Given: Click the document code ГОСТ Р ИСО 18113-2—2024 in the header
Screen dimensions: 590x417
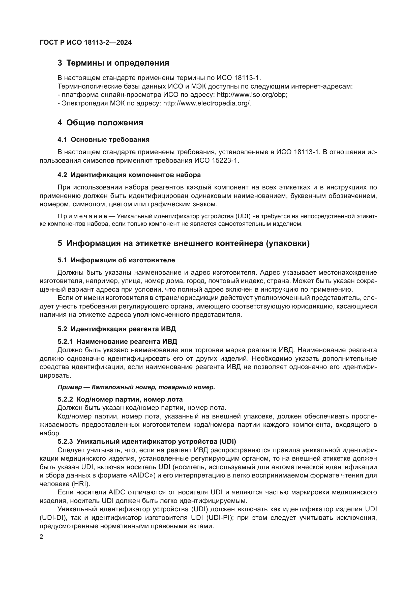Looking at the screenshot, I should pyautogui.click(x=86, y=43).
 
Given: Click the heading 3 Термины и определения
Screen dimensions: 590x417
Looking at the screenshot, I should pyautogui.click(x=113, y=63).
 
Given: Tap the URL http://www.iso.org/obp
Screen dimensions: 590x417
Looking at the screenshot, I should pyautogui.click(x=252, y=95).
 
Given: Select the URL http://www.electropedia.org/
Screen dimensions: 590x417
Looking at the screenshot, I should pyautogui.click(x=207, y=103).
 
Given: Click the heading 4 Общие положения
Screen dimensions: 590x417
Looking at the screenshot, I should pyautogui.click(x=100, y=123).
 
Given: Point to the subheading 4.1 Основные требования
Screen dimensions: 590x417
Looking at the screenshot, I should pyautogui.click(x=103, y=140).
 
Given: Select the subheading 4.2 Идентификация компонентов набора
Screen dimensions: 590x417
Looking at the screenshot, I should pyautogui.click(x=129, y=175).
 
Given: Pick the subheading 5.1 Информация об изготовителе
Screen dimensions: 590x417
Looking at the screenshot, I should pyautogui.click(x=116, y=260).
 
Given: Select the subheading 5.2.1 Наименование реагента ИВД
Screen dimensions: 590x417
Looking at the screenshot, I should pyautogui.click(x=117, y=342).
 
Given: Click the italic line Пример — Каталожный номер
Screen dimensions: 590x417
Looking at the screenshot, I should pyautogui.click(x=136, y=387).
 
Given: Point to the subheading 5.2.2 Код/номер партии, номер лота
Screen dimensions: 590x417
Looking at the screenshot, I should pyautogui.click(x=120, y=400).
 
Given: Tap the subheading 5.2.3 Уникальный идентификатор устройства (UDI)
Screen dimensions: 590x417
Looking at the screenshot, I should pyautogui.click(x=147, y=442).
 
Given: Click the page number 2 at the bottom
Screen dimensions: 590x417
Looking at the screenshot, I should pyautogui.click(x=42, y=537).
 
